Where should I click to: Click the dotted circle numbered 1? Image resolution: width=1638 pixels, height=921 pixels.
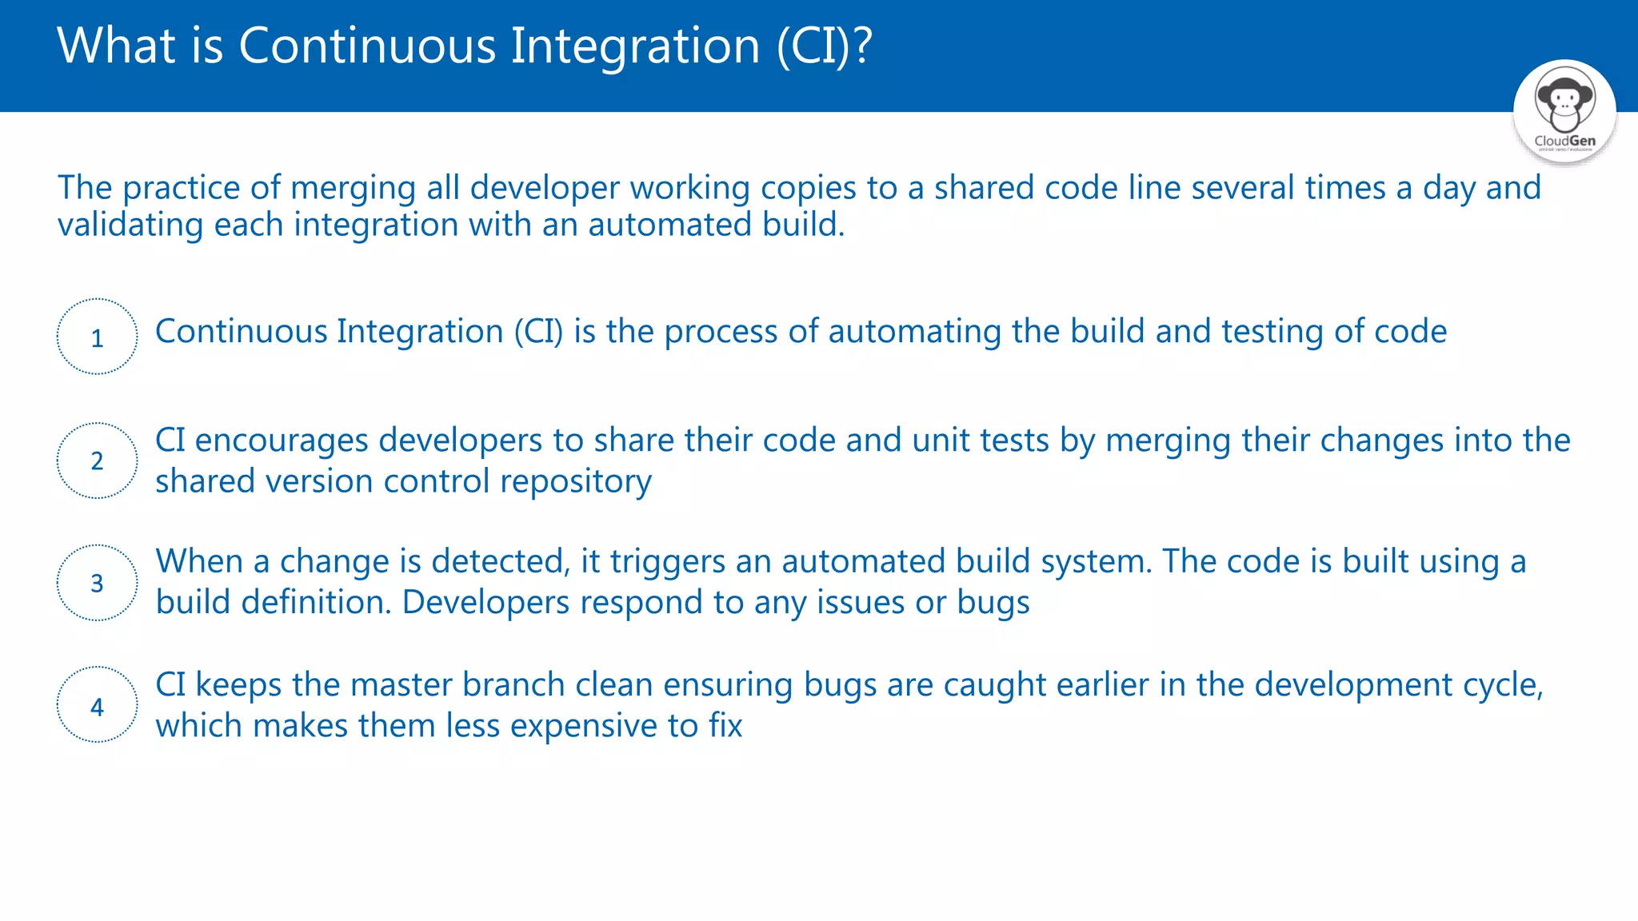97,337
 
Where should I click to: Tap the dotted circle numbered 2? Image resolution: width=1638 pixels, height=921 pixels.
97,460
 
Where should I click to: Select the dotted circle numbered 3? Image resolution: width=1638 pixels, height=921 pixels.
97,583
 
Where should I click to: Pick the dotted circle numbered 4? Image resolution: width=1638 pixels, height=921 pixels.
97,705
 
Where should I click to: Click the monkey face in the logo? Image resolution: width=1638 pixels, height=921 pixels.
1564,101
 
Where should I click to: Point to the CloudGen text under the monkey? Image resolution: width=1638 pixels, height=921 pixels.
1564,141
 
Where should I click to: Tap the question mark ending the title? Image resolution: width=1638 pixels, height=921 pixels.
862,46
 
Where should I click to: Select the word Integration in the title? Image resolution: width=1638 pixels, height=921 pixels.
635,46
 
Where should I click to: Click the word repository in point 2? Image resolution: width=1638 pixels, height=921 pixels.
575,482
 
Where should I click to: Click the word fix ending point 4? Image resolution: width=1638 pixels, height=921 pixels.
725,726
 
